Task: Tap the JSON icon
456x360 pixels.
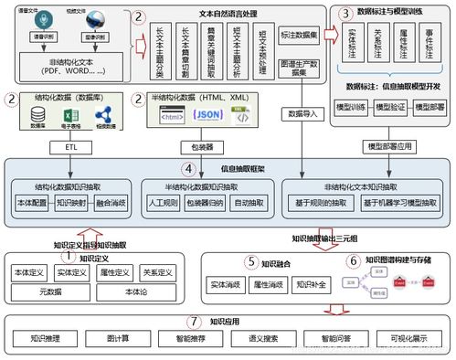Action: (209, 115)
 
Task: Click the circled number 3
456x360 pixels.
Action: (344, 15)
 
